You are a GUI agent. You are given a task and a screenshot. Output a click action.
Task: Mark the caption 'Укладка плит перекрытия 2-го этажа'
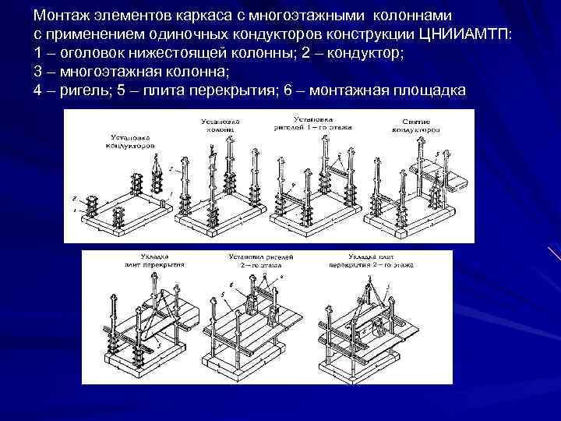[370, 259]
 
